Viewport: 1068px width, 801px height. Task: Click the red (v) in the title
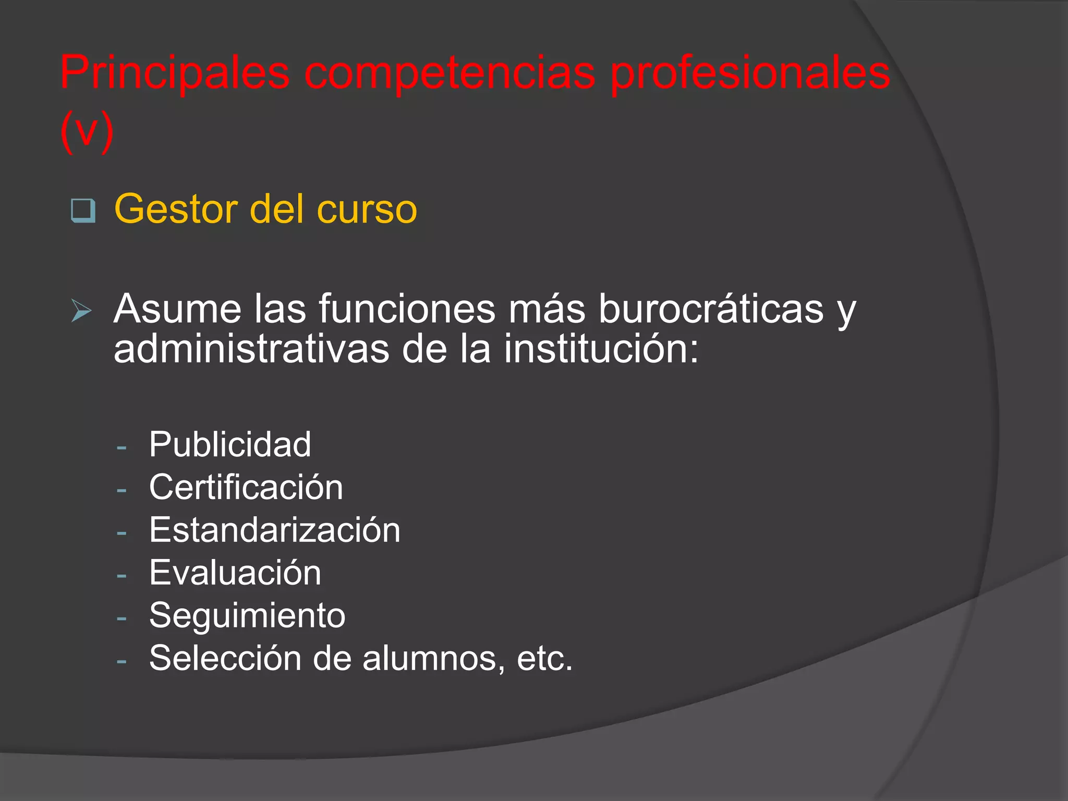coord(87,131)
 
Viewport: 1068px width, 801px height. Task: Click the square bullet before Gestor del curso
coord(83,211)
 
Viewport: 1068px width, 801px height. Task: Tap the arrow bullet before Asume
coord(81,311)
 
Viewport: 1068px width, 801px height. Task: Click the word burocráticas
coord(711,309)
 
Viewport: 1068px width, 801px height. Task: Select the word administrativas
coord(251,349)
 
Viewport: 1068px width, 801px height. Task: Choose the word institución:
coord(601,349)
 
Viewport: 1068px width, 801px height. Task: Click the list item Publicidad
coord(230,445)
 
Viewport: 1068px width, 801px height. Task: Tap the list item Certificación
coord(246,488)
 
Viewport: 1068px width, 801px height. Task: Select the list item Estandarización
coord(275,530)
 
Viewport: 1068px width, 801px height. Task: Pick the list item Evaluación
coord(235,573)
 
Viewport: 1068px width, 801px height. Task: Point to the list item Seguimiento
coord(247,616)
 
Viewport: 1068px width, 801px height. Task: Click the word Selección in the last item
coord(225,658)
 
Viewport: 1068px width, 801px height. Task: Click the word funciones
coord(407,309)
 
